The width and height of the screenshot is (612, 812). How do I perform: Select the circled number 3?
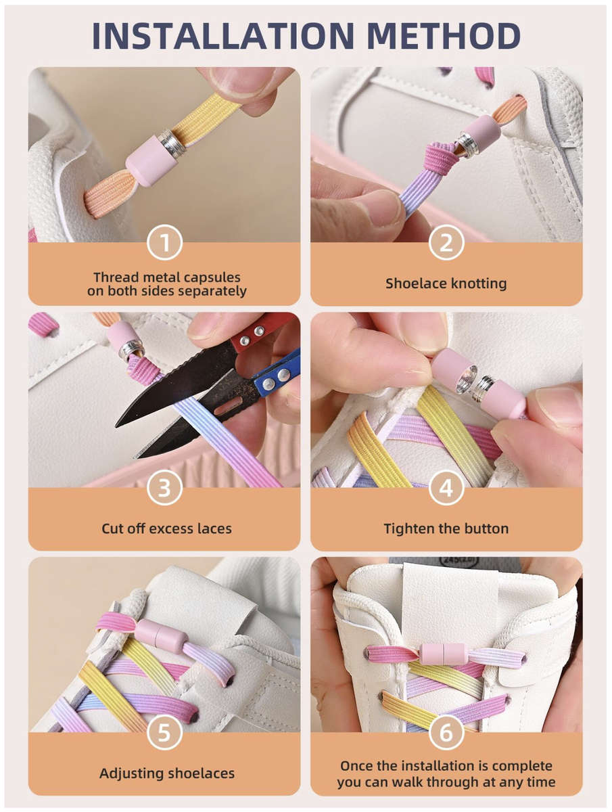pos(164,488)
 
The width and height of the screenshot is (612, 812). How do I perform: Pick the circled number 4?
pos(446,488)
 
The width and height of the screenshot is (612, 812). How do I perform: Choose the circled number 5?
pos(164,733)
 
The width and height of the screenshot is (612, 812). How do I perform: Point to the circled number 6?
pos(446,733)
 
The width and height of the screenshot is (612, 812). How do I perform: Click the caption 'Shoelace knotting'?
pos(446,284)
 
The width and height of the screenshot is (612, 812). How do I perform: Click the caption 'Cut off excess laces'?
pos(166,528)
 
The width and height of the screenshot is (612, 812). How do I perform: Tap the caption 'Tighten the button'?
pos(446,528)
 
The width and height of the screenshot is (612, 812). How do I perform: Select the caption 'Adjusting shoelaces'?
pos(166,773)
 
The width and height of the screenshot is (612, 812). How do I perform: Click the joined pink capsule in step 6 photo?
pos(444,654)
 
